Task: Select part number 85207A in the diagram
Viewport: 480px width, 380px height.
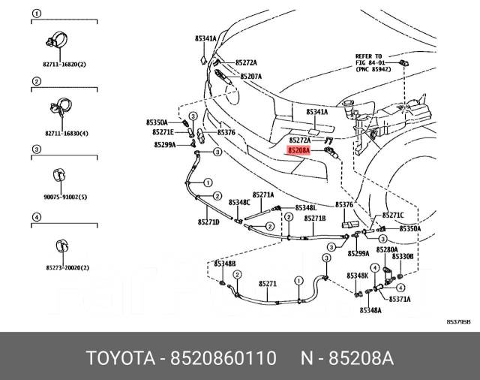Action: [x=250, y=77]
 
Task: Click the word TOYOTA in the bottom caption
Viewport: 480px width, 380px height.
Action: [x=122, y=357]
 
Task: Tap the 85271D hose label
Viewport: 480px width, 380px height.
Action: [x=208, y=222]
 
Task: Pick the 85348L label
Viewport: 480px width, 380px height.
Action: [x=305, y=207]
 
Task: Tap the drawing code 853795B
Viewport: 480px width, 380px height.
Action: [x=459, y=321]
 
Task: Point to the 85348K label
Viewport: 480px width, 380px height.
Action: [x=358, y=276]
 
